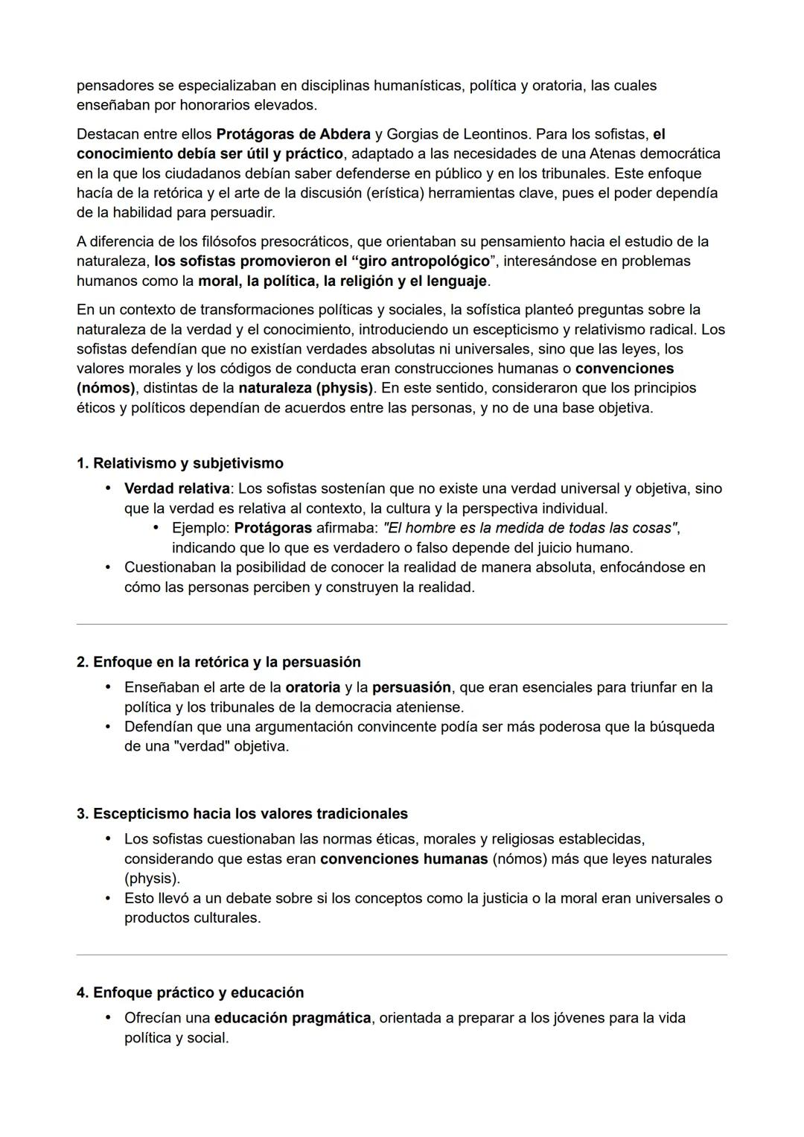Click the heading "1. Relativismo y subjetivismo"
coord(179,463)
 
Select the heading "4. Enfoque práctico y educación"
coord(190,993)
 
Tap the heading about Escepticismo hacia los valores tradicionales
coord(242,813)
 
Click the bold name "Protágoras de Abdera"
coord(293,134)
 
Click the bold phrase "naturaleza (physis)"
coord(305,388)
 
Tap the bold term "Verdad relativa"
coord(177,488)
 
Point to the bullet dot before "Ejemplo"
coord(156,528)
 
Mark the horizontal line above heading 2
coord(401,624)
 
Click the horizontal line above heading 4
coord(401,955)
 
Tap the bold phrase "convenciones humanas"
coord(403,859)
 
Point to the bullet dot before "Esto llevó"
coord(108,898)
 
